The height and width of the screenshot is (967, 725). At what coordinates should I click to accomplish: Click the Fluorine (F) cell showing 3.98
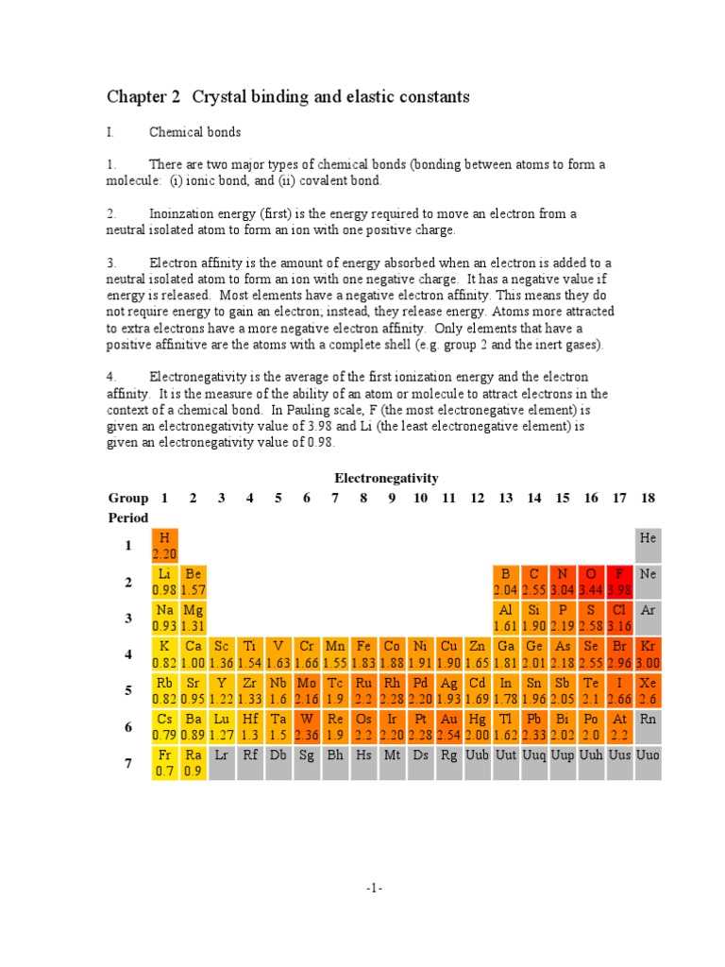619,582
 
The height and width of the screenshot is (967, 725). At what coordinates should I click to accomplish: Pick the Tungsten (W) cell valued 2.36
307,726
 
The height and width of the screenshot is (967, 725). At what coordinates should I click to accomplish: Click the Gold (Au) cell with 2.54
449,726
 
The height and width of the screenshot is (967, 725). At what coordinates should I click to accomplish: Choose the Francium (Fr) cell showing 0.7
164,762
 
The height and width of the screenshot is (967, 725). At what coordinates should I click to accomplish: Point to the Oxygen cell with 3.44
591,582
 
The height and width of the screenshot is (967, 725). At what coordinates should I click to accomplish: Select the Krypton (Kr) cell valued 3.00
648,653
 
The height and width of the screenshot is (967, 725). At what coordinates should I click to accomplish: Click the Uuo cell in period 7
648,762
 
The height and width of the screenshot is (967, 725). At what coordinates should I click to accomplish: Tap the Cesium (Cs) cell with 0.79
164,726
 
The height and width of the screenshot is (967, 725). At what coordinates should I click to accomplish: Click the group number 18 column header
648,498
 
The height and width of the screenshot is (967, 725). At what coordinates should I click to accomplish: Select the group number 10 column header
420,498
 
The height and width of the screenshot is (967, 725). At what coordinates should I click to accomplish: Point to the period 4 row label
128,654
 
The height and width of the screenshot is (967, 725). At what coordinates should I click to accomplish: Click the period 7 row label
128,763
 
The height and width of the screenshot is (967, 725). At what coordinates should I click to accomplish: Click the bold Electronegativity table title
386,478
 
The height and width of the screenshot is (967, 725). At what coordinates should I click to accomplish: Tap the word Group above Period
127,498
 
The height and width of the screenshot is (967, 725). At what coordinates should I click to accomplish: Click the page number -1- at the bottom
375,889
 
